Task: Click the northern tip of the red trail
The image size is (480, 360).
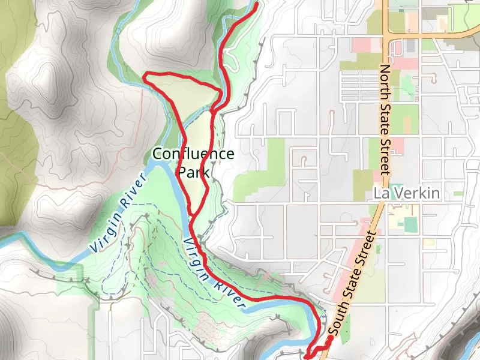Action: coord(256,4)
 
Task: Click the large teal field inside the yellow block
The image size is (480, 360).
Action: coord(410,224)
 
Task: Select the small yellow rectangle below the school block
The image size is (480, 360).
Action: coord(428,242)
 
